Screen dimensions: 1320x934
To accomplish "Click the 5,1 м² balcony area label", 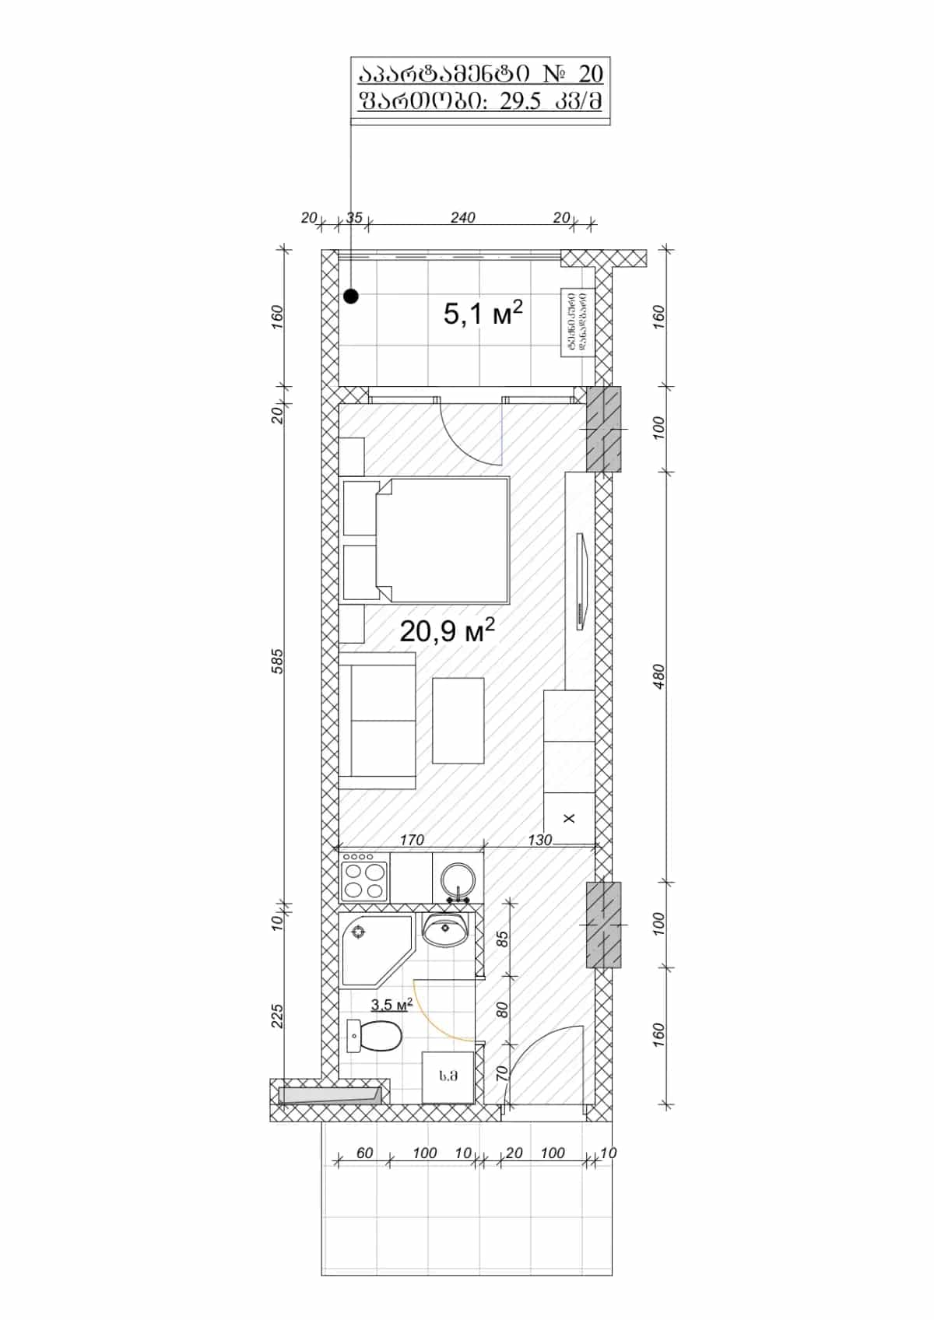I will pos(482,314).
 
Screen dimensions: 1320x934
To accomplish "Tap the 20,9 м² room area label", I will pos(447,630).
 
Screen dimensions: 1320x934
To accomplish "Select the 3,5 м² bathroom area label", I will pos(392,1005).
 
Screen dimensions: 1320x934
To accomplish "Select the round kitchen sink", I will pos(458,880).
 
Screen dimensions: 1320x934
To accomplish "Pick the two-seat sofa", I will pos(377,720).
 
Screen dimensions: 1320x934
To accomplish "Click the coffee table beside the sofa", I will pos(458,720).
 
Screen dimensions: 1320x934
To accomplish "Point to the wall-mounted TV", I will pos(581,581).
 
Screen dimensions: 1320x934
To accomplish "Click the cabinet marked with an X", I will pos(569,818).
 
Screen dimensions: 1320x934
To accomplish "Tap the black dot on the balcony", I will pos(351,296).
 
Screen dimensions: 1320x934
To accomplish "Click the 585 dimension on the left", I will pos(279,660).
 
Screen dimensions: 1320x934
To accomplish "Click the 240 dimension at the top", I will pos(462,218).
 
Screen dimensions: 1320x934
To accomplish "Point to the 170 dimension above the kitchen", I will pos(412,840).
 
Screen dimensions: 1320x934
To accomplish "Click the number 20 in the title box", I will pos(591,74).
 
